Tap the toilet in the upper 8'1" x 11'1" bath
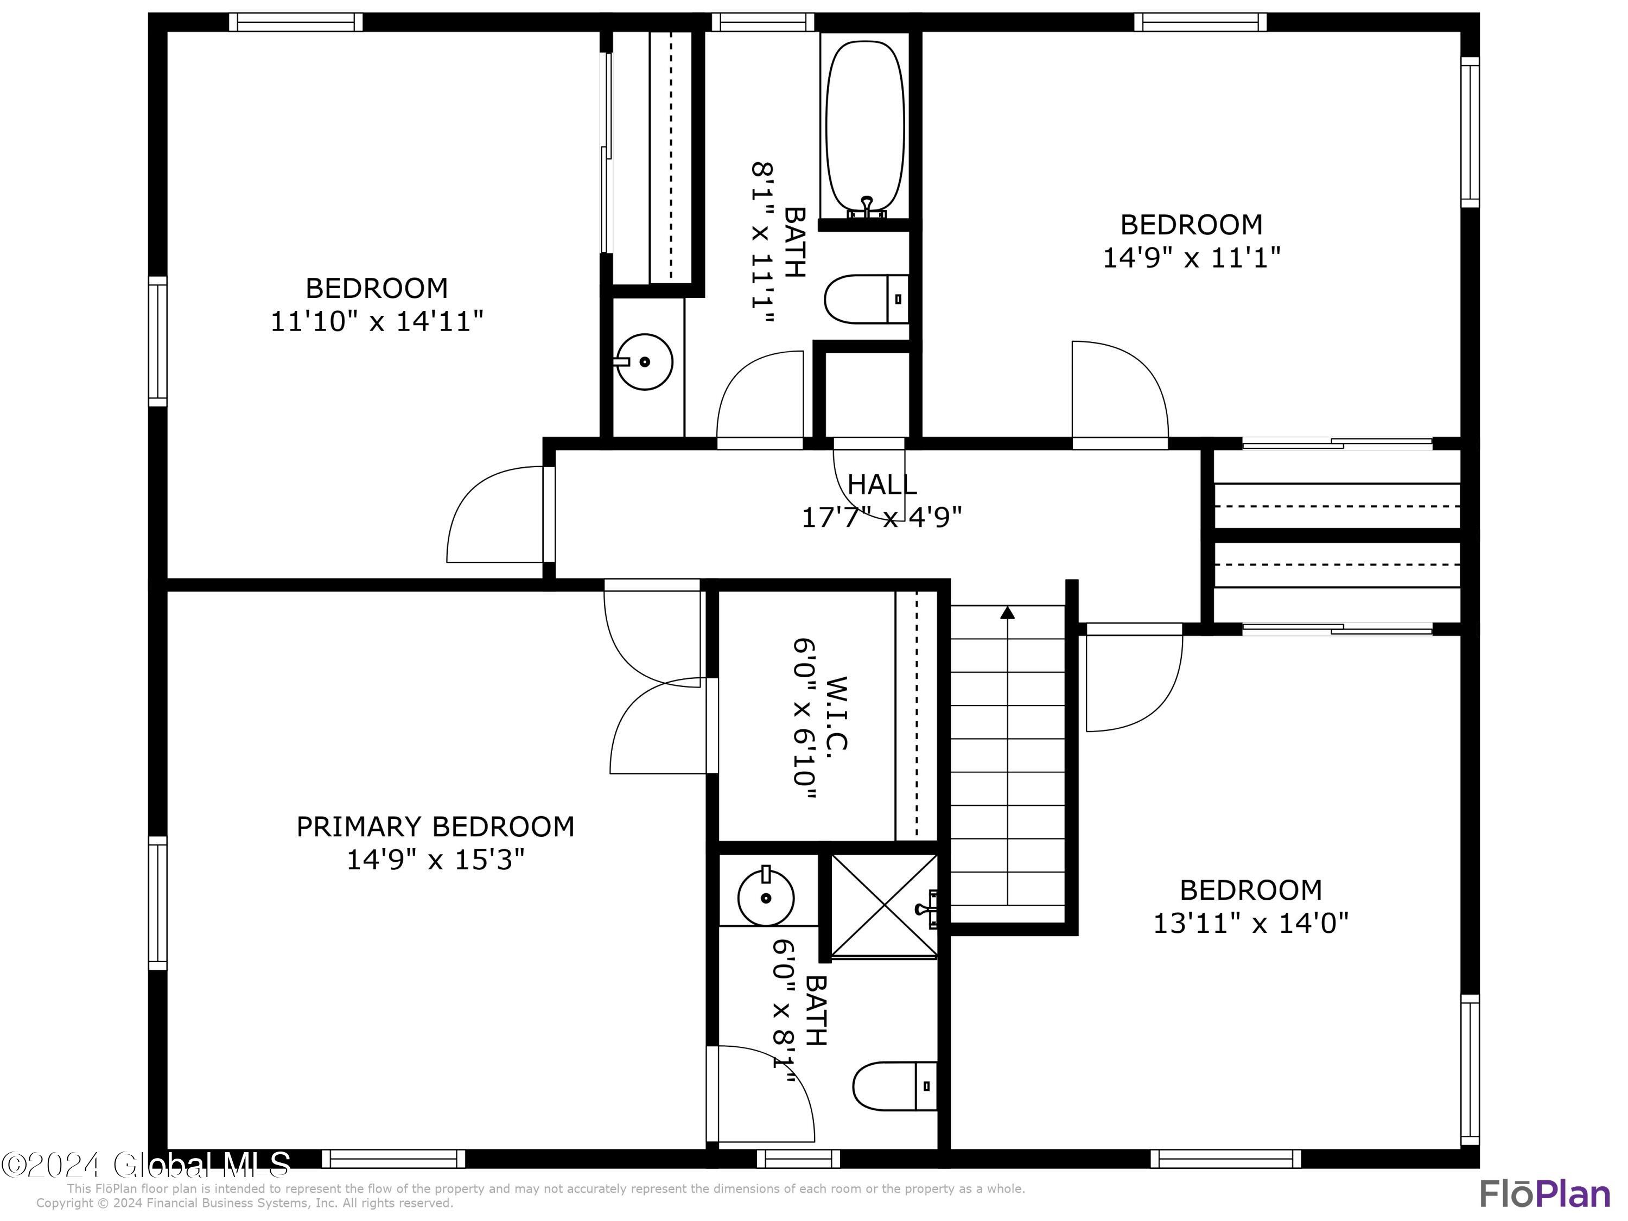click(x=866, y=299)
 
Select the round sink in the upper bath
click(x=644, y=361)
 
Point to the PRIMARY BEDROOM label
click(x=435, y=826)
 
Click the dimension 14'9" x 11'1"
click(x=1191, y=258)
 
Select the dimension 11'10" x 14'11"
click(x=377, y=322)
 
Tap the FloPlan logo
click(x=1544, y=1194)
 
